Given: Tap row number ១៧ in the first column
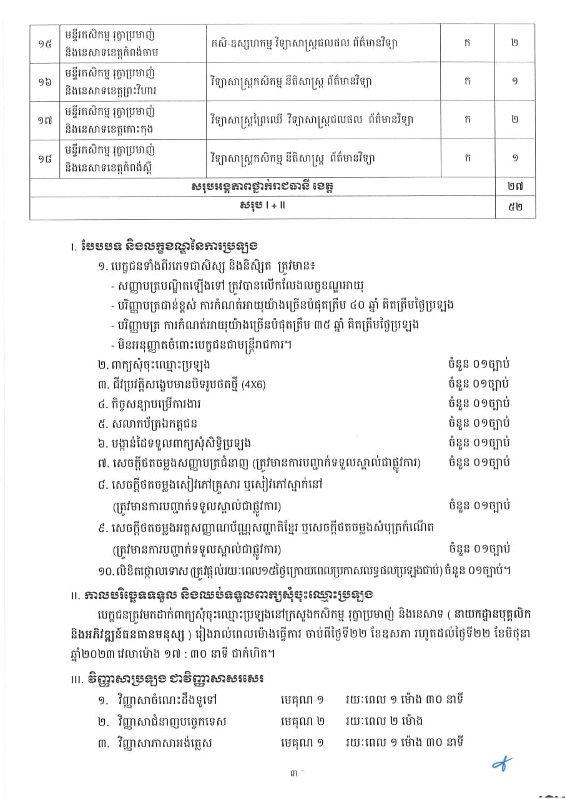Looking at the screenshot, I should (44, 120).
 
